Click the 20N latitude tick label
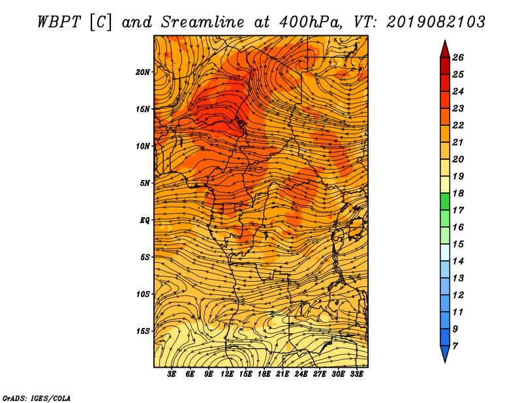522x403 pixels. [143, 72]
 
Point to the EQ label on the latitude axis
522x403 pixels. [145, 220]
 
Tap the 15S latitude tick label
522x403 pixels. [143, 331]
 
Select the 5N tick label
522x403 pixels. [145, 183]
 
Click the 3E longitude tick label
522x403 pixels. [172, 374]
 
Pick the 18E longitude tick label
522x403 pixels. [264, 374]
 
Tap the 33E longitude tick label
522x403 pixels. [356, 374]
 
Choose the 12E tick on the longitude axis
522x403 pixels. [227, 374]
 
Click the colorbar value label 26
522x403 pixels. [458, 57]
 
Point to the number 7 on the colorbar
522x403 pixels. [455, 346]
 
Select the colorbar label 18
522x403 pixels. [458, 193]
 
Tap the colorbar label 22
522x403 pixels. [458, 125]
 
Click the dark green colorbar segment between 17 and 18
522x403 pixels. [445, 201]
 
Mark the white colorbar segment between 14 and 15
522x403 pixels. [445, 252]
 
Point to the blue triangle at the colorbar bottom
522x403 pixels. [445, 353]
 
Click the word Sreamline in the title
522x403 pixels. [203, 22]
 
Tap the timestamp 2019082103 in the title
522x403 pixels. [435, 22]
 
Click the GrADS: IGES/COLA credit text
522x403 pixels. [37, 398]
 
